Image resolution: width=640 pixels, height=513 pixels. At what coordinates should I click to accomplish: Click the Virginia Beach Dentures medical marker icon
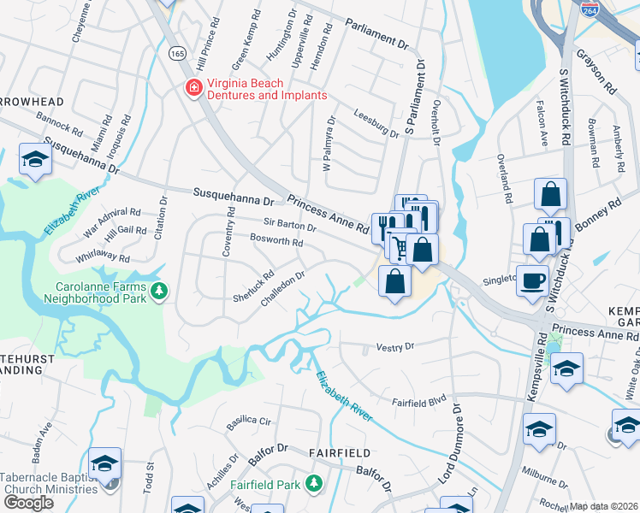(194, 88)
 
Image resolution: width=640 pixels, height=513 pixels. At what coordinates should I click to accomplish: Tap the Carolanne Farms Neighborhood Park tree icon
(158, 293)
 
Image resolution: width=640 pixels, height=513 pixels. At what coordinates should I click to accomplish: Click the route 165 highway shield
(177, 53)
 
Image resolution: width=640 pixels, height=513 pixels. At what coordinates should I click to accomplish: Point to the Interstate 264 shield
(590, 9)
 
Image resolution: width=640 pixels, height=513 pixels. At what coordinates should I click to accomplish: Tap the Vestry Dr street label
(395, 347)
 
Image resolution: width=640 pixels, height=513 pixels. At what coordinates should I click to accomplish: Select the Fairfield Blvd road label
(419, 400)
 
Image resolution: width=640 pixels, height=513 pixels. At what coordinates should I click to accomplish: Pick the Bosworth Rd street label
(276, 242)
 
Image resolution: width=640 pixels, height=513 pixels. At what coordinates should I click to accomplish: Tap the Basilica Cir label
(248, 422)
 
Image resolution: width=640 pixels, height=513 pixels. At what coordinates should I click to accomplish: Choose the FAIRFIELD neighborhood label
(340, 452)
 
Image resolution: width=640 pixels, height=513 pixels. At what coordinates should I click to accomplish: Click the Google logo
(28, 503)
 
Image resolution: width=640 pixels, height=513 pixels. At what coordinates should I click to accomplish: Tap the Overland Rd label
(508, 184)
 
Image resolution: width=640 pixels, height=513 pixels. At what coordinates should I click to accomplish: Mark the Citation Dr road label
(159, 217)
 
